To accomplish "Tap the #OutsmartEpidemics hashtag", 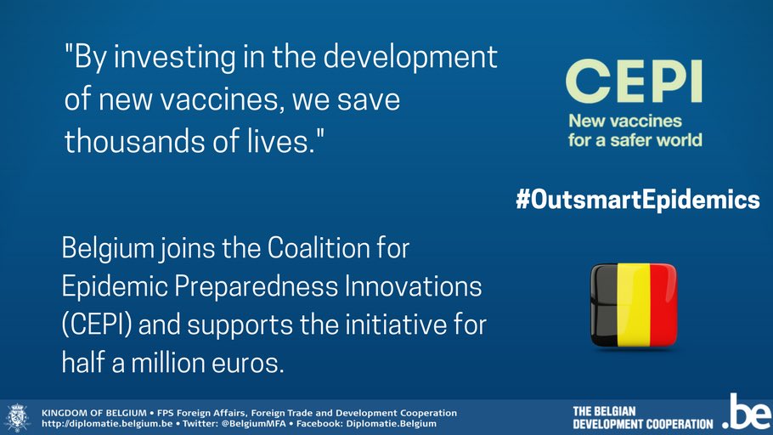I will tap(637, 201).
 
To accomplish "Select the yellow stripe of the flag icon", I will tap(633, 303).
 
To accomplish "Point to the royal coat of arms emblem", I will tap(17, 417).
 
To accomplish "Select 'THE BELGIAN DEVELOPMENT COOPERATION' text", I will tap(642, 417).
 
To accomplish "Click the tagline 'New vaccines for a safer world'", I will tap(635, 130).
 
